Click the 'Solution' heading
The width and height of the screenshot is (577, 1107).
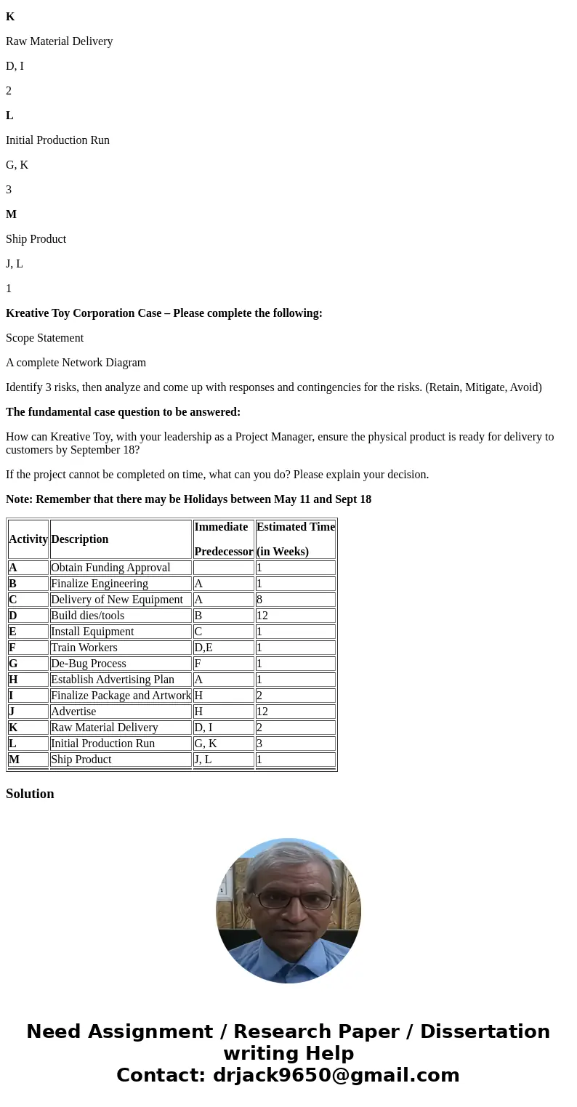click(30, 794)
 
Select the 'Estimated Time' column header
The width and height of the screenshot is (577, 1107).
click(295, 539)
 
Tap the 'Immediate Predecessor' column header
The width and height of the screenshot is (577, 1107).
click(223, 539)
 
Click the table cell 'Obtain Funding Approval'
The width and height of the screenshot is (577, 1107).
click(110, 568)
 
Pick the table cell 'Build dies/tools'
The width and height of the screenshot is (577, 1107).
click(87, 616)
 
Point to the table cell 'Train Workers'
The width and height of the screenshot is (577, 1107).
click(84, 648)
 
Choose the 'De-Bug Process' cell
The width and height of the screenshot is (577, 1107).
click(88, 664)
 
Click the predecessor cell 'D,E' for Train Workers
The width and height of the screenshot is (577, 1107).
click(203, 648)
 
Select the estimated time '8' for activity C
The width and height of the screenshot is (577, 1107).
click(260, 600)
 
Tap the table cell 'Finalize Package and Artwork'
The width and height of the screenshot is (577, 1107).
click(121, 696)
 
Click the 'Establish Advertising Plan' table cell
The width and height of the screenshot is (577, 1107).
click(113, 680)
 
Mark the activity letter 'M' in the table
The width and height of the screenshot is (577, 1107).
click(14, 760)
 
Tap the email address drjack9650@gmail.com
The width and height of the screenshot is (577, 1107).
click(336, 1075)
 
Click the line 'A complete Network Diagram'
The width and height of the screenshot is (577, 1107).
click(76, 363)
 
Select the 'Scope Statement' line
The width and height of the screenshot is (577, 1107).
click(44, 338)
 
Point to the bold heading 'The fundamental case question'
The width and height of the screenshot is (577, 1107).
click(123, 412)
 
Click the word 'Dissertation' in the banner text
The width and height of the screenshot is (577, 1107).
click(485, 1031)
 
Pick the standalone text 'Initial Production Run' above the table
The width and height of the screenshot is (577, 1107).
click(57, 140)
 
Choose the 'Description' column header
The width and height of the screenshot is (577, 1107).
click(79, 539)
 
